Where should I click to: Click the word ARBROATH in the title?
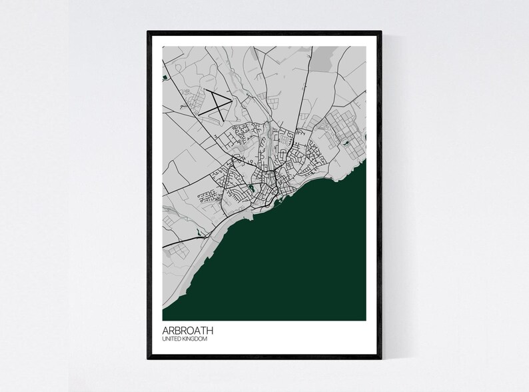188,330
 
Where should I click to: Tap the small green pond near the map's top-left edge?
163,79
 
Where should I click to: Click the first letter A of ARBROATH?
165,330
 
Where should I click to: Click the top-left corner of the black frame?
149,31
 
